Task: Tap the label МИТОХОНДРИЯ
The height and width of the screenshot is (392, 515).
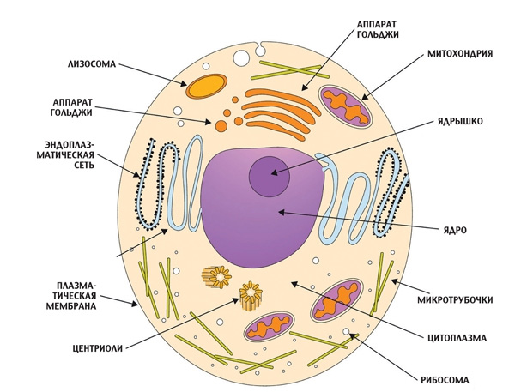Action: pos(459,53)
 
